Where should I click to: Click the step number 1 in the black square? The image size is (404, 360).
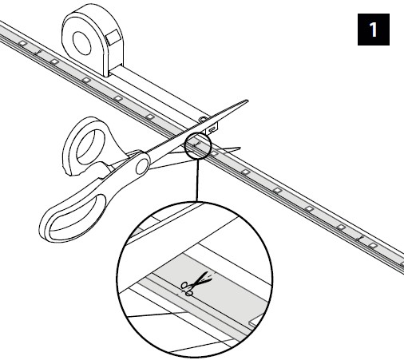pos(374,30)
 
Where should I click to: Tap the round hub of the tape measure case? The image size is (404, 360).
pos(82,43)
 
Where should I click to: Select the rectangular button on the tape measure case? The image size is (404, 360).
pos(114,37)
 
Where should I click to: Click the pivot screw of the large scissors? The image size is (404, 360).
pos(143,165)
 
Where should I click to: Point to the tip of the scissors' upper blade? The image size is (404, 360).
pos(248,101)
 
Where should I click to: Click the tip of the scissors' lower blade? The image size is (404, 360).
pos(240,148)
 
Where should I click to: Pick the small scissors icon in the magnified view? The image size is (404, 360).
pos(196,284)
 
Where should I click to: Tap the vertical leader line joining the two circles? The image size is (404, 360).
pos(197,180)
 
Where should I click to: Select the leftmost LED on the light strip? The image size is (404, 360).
pos(22,43)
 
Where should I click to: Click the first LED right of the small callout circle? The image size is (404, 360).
pos(214,153)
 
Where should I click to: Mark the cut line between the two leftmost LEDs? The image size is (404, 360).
pos(38,52)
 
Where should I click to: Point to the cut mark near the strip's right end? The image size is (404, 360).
pos(360,238)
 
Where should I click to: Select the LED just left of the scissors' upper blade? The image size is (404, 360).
pos(150,117)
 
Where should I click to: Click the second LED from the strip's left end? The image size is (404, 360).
pos(54,61)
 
